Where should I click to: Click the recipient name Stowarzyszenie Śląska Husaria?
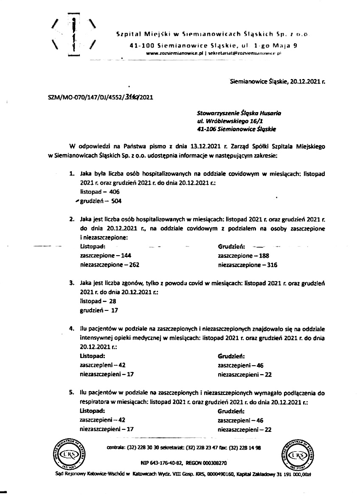pos(239,113)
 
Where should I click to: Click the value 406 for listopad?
pos(109,192)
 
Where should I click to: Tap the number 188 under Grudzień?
pos(264,256)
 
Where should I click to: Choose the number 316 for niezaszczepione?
pos(272,264)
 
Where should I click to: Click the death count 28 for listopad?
pos(112,301)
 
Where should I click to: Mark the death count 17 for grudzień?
pos(115,310)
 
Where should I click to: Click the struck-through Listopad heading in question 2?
pos(93,247)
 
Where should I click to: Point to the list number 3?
pos(71,282)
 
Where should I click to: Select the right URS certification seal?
pos(295,455)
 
